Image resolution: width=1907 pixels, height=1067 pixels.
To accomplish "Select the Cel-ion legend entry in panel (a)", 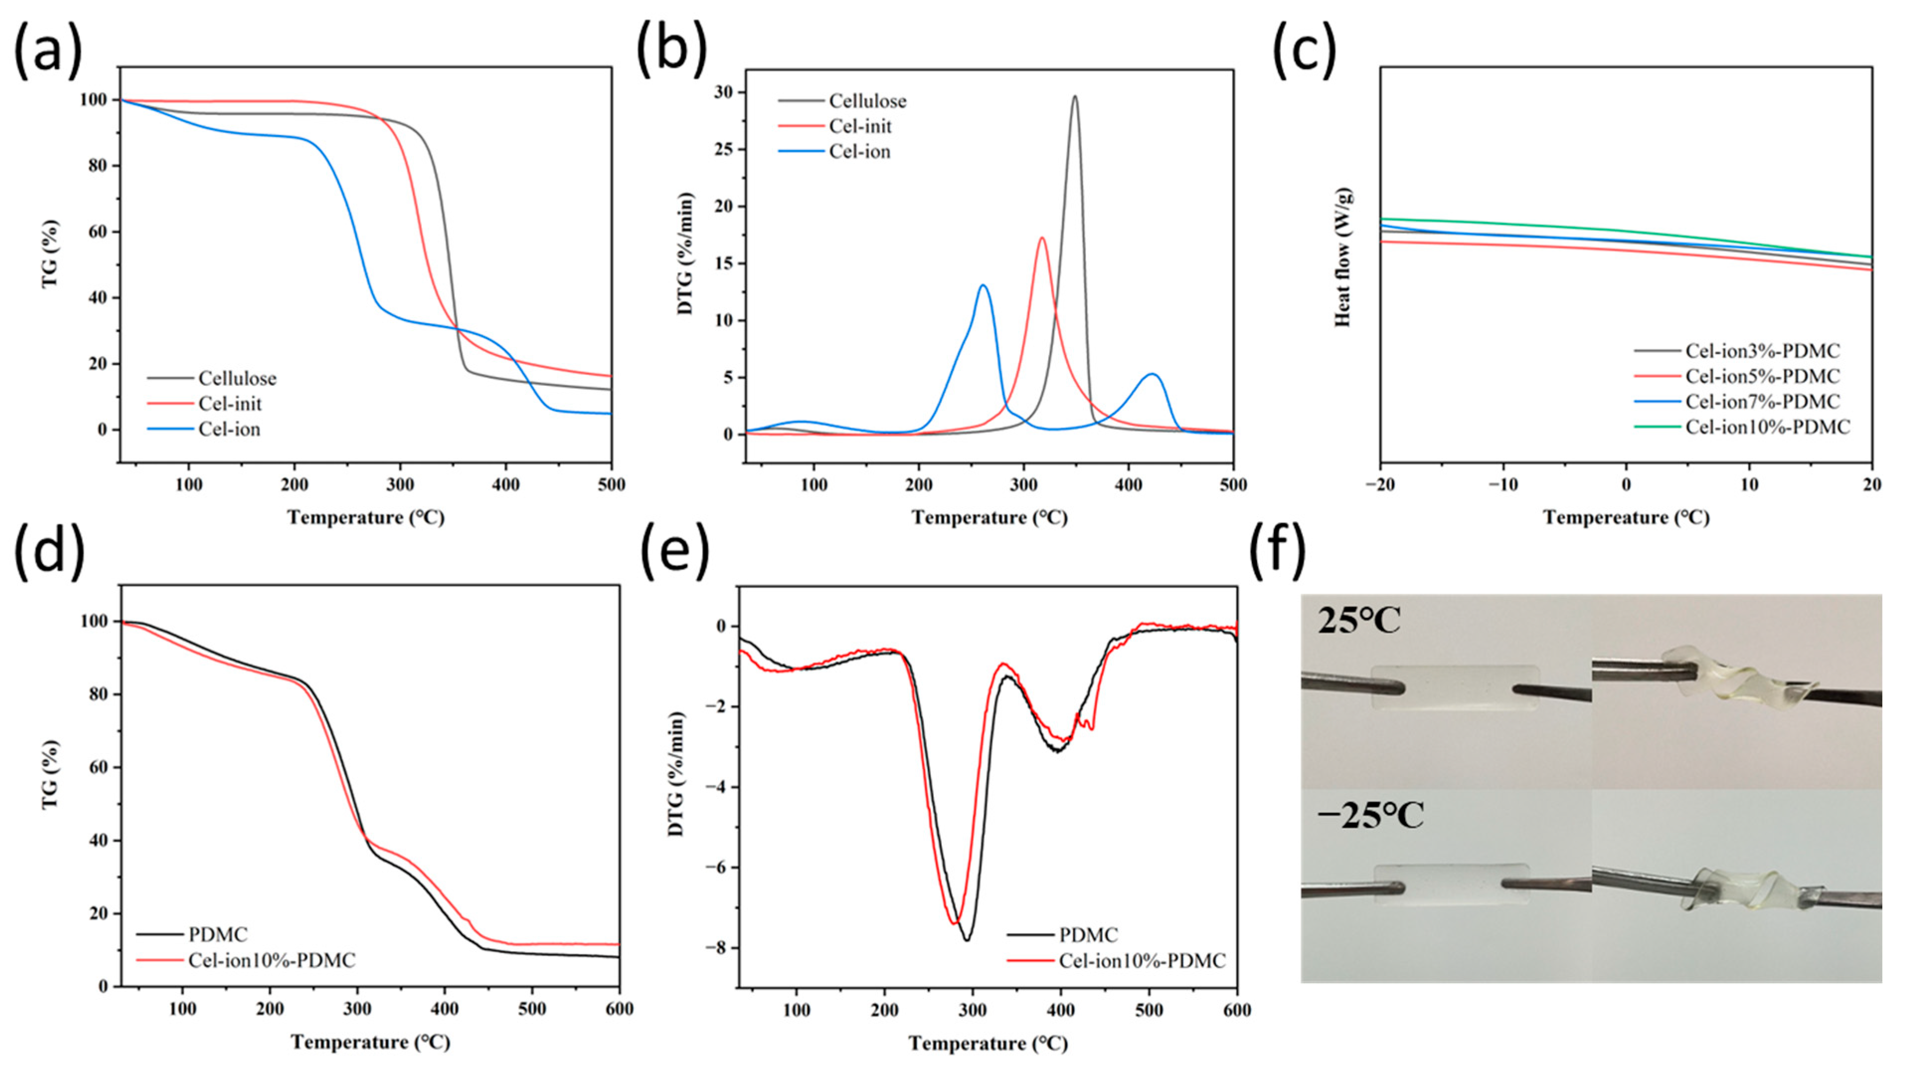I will click(x=229, y=430).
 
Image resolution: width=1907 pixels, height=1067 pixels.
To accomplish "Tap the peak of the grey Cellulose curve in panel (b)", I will click(x=1074, y=96).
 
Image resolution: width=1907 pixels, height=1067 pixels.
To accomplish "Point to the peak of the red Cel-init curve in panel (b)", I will click(x=1042, y=238).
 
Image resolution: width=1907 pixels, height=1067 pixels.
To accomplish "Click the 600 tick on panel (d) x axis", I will click(x=619, y=1009).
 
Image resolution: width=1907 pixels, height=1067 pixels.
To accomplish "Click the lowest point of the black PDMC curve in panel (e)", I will click(x=967, y=940).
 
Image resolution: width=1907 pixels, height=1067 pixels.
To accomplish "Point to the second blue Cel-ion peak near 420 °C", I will click(x=1152, y=375).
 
